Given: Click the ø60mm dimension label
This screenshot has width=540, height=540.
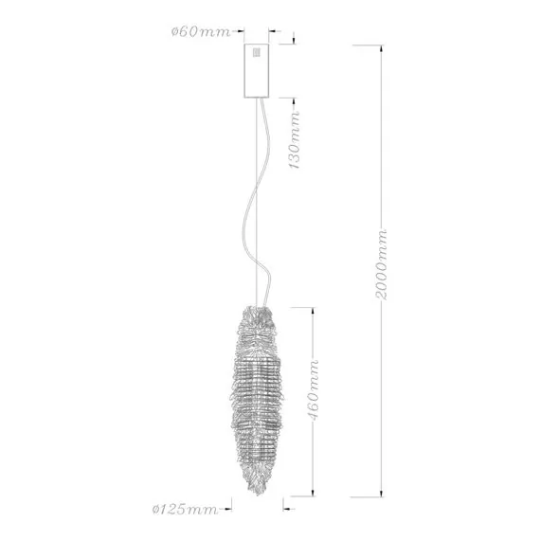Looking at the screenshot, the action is pyautogui.click(x=201, y=32).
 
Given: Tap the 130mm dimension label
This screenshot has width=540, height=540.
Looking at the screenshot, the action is pyautogui.click(x=295, y=140).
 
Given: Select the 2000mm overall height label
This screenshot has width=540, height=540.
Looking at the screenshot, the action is pyautogui.click(x=381, y=264).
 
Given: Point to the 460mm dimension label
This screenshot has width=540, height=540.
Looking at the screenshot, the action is pyautogui.click(x=313, y=390).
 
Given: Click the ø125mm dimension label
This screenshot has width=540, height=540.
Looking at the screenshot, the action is pyautogui.click(x=185, y=509).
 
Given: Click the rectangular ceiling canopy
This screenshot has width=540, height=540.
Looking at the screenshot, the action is pyautogui.click(x=256, y=71).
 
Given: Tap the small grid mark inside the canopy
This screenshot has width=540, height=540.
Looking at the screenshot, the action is pyautogui.click(x=256, y=52).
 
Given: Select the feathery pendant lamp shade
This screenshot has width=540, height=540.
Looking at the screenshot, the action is pyautogui.click(x=257, y=400).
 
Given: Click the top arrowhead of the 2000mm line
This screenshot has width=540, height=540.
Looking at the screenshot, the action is pyautogui.click(x=381, y=48).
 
